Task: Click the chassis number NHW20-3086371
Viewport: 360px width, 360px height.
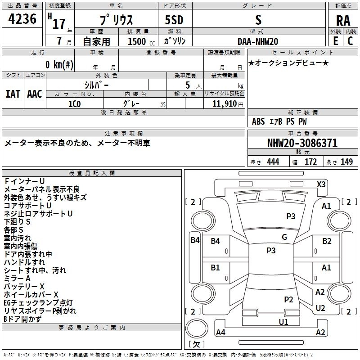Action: (302, 144)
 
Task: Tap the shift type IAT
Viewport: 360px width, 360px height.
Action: (13, 94)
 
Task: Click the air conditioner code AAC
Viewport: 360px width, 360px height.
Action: (34, 94)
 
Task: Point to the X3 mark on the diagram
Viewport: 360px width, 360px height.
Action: (321, 184)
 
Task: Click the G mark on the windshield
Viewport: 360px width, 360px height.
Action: (284, 237)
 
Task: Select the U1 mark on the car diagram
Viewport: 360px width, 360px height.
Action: (283, 322)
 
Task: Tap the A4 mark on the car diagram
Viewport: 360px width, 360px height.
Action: (220, 333)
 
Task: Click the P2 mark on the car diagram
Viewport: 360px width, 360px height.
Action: (288, 299)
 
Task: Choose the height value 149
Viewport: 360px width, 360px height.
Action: (346, 162)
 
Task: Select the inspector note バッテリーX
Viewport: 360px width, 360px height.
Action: (24, 286)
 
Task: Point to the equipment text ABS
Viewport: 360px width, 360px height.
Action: (258, 121)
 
